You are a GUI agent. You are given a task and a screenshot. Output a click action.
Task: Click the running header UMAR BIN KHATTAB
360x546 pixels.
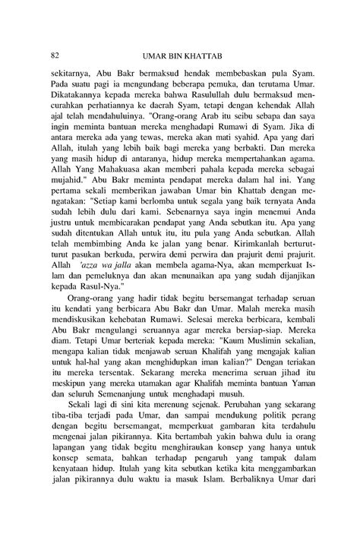[180, 55]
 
